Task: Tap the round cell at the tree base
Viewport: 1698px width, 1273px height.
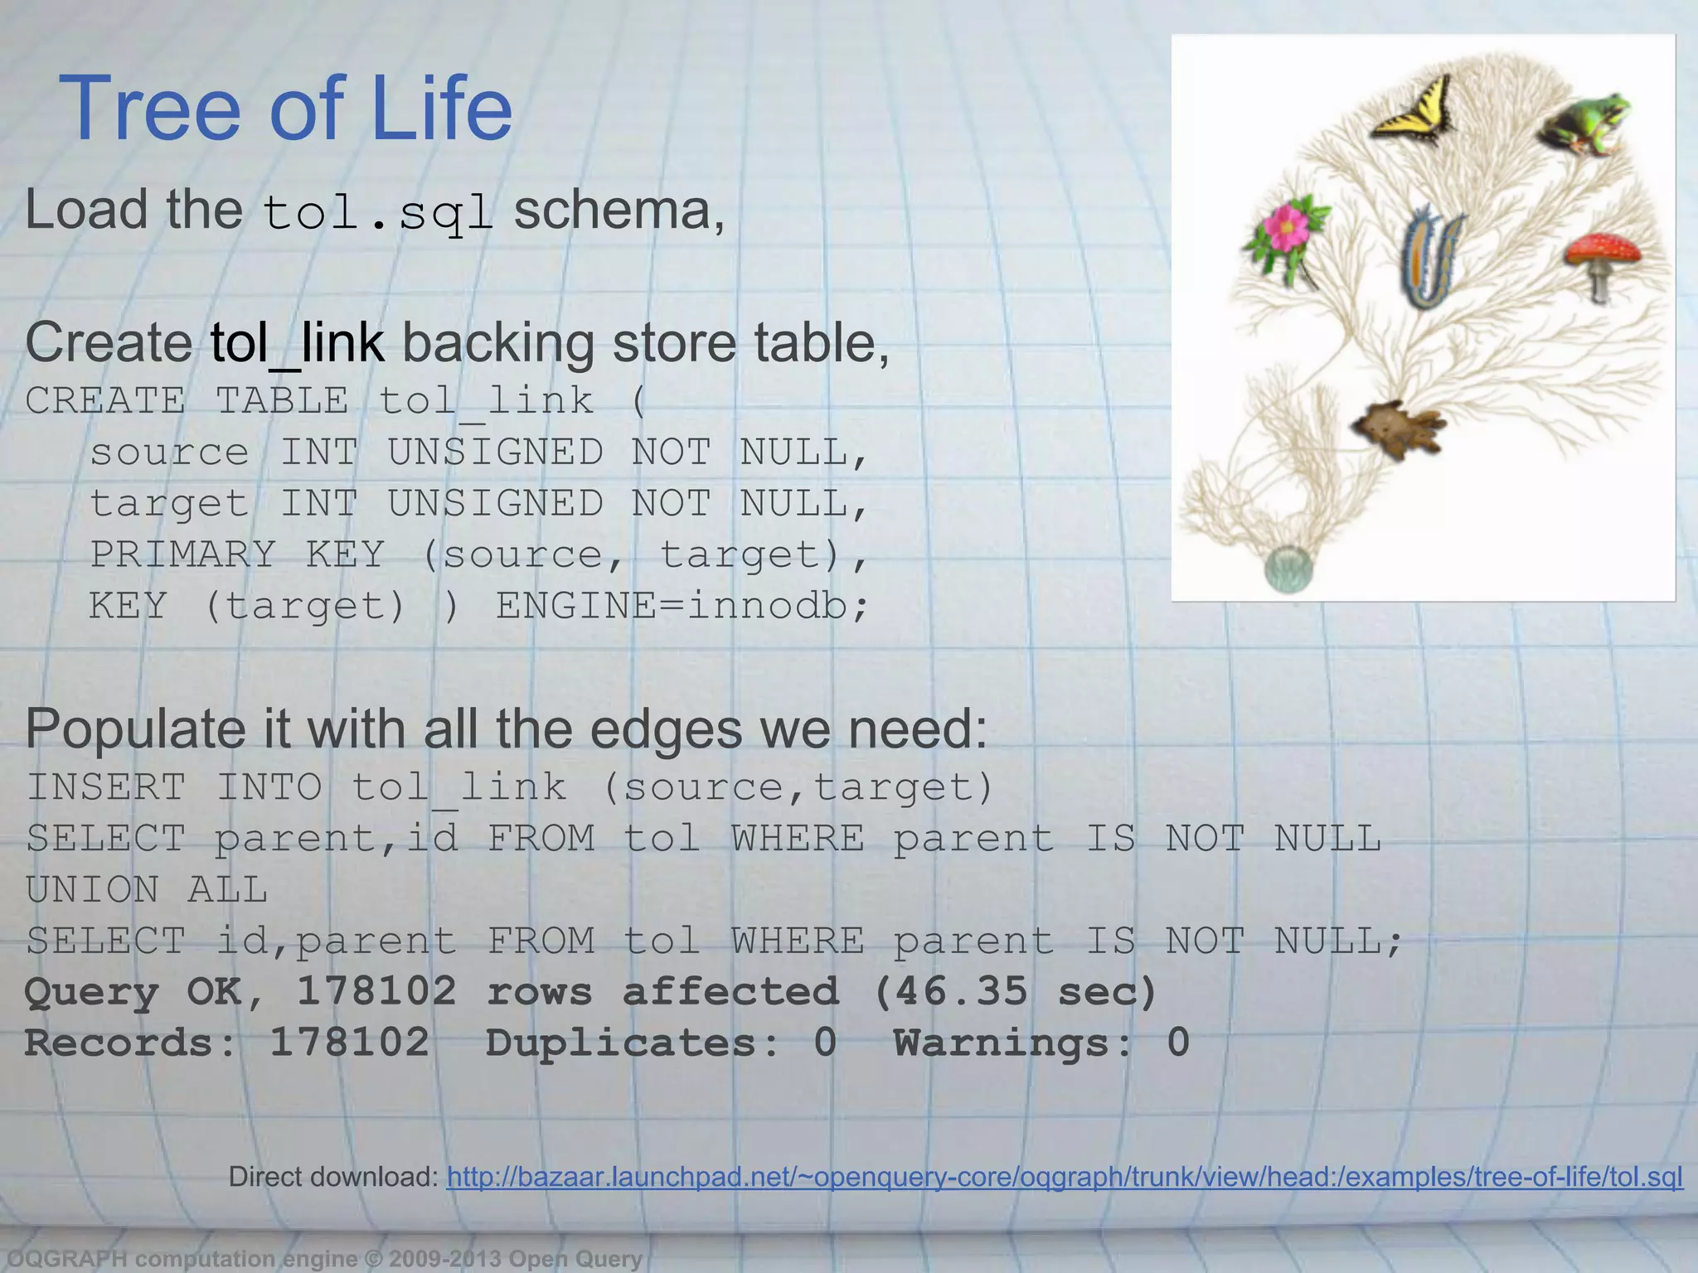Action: tap(1288, 569)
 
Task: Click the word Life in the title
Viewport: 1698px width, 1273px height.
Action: tap(441, 109)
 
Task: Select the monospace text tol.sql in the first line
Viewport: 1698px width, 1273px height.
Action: tap(378, 212)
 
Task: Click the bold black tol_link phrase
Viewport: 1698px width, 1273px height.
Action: tap(297, 342)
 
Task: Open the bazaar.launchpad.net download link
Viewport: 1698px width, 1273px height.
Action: tap(1064, 1177)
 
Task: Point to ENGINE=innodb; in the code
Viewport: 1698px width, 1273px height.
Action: tap(682, 606)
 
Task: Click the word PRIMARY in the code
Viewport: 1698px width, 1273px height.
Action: tap(182, 554)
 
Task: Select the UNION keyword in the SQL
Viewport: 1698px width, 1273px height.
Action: tap(92, 890)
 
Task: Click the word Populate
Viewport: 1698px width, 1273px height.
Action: tap(133, 729)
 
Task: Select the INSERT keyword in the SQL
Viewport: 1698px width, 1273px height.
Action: tap(106, 787)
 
